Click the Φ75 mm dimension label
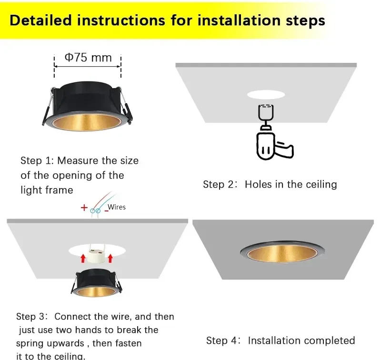pos(88,58)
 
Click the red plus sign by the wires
pos(84,209)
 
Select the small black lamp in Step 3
pos(96,282)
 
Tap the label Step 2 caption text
pos(270,184)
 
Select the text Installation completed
pos(301,340)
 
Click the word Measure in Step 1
pos(76,160)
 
